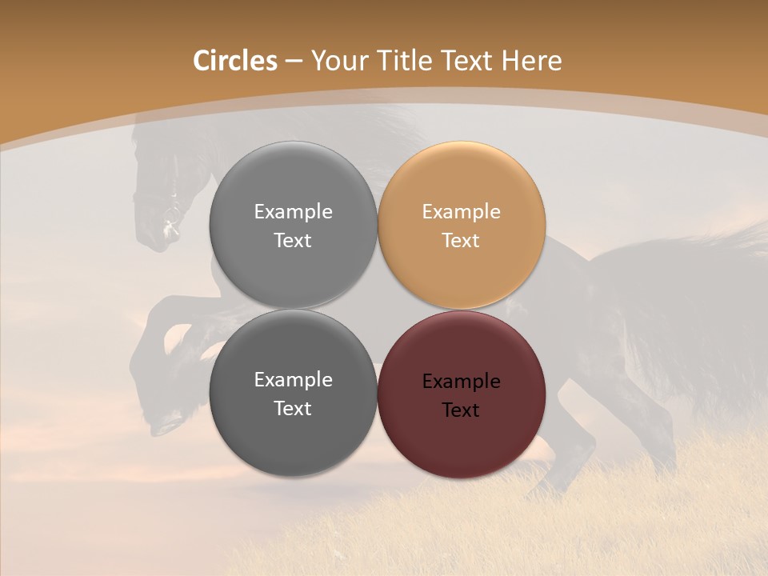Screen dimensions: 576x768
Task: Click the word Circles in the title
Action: coord(235,61)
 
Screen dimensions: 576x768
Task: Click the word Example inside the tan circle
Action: coord(462,212)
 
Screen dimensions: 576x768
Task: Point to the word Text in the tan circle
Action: coord(462,240)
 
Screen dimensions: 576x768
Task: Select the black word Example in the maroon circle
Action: coord(462,382)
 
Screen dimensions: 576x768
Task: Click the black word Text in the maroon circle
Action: coord(462,410)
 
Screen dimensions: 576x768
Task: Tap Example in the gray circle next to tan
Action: coord(293,212)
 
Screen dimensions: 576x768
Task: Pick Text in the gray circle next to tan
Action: coord(293,240)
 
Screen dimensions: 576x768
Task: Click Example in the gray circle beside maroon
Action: coord(293,380)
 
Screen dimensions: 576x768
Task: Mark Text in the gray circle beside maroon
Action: coord(293,408)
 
